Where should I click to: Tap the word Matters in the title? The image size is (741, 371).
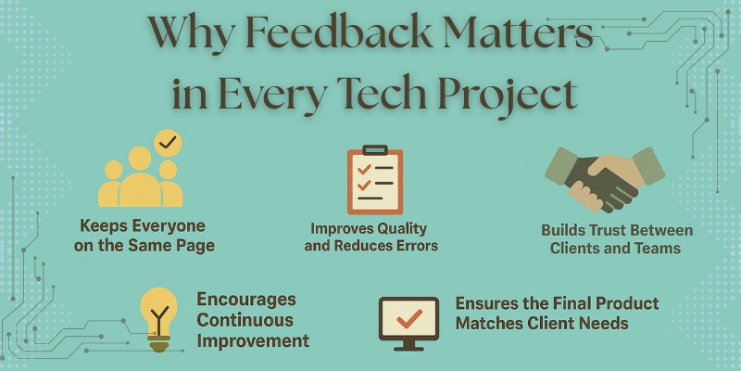click(x=510, y=38)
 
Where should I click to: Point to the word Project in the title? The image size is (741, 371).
click(x=505, y=95)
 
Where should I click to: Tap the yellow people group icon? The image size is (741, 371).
click(x=141, y=175)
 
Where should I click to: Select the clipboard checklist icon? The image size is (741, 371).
click(x=374, y=180)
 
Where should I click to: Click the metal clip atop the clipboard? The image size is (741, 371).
click(x=374, y=149)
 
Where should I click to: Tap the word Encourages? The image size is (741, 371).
click(x=246, y=300)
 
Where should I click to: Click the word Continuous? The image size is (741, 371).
click(x=246, y=320)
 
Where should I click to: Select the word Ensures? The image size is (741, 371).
click(x=484, y=304)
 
